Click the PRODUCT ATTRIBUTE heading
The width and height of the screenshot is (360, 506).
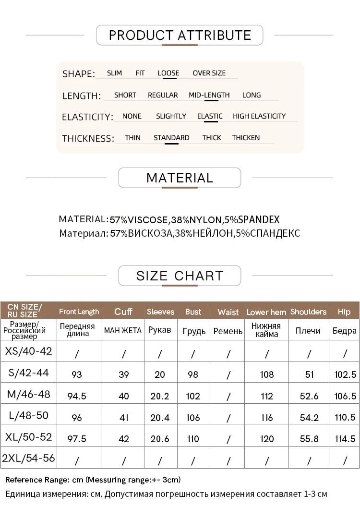(x=180, y=35)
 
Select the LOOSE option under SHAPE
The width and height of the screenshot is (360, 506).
(x=168, y=73)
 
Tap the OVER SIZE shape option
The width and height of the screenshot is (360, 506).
(x=209, y=73)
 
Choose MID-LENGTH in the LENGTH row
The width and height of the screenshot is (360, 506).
(x=209, y=95)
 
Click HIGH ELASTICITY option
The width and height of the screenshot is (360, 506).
(x=259, y=116)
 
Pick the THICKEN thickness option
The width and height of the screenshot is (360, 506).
(x=246, y=138)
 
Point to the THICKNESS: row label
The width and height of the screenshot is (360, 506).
(x=88, y=139)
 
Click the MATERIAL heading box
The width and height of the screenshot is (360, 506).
(x=180, y=178)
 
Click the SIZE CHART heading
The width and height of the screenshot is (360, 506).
(x=180, y=276)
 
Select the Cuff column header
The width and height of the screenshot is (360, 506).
(x=123, y=312)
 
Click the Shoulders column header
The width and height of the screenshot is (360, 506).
(x=308, y=312)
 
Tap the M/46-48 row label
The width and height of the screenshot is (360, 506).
(x=28, y=395)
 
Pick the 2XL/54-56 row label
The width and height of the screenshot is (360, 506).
(x=28, y=458)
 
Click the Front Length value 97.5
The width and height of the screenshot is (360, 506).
(x=77, y=439)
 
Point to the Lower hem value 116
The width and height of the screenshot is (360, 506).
(x=267, y=418)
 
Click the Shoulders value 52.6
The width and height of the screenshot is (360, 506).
(x=309, y=396)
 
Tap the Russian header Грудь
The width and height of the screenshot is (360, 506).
(x=194, y=331)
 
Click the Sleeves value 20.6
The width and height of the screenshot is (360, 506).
(x=160, y=439)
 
